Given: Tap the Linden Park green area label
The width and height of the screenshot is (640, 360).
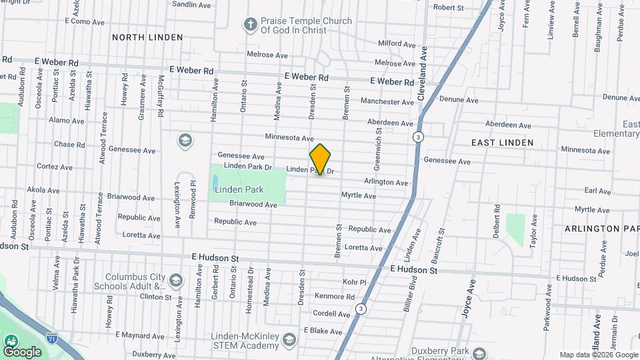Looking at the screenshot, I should tap(239, 189).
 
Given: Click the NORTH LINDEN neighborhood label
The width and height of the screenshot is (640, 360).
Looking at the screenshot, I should tap(147, 37).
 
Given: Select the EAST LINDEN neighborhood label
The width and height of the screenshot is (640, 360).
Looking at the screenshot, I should tap(502, 143).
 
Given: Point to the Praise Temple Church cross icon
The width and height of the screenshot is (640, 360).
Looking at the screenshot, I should tap(251, 25).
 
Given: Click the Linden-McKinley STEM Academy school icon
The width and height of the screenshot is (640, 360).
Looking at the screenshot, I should tap(289, 340).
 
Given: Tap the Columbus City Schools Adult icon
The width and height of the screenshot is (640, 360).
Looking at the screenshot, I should tap(175, 279).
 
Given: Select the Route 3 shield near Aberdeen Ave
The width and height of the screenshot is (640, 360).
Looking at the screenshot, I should tap(417, 137).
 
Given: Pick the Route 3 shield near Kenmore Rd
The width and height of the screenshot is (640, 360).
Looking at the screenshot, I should tap(361, 309).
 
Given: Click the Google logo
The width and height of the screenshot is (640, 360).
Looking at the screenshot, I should tap(22, 351).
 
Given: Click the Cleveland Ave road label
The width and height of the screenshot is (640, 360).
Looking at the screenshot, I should tap(422, 74).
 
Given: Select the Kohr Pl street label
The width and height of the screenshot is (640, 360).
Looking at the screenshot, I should tap(355, 282).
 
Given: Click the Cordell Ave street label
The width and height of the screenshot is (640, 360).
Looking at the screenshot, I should tap(331, 313).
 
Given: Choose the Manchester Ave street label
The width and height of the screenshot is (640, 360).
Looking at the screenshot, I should tap(387, 102).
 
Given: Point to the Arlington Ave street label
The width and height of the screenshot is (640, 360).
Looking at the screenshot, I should tap(385, 182).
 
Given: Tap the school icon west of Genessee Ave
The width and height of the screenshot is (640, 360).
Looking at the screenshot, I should tap(185, 141).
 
